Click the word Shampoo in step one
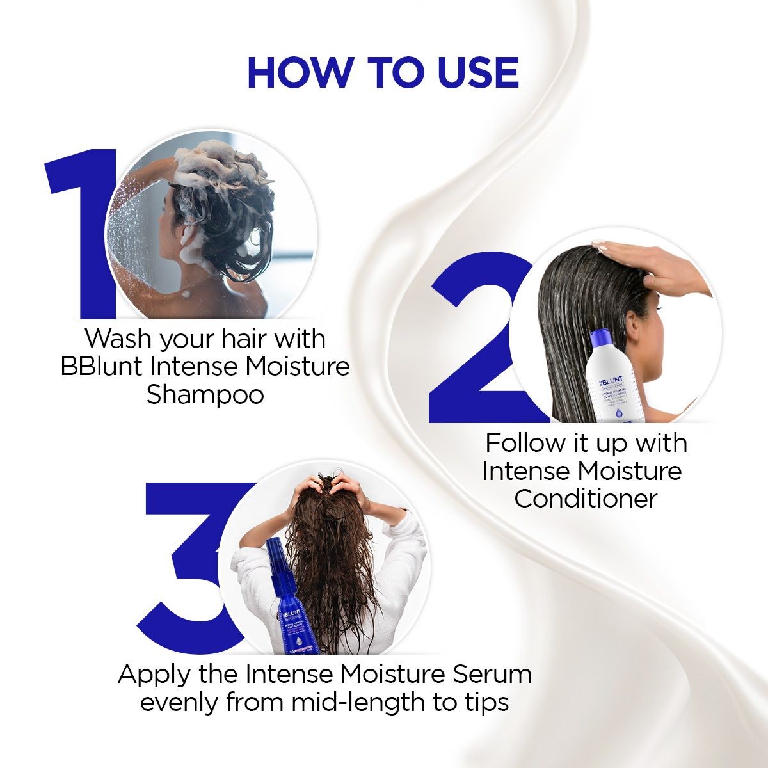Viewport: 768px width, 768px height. (x=205, y=395)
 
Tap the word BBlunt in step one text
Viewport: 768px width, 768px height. (x=102, y=367)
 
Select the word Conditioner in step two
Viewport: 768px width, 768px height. (x=586, y=499)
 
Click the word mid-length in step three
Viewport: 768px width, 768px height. (x=359, y=702)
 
